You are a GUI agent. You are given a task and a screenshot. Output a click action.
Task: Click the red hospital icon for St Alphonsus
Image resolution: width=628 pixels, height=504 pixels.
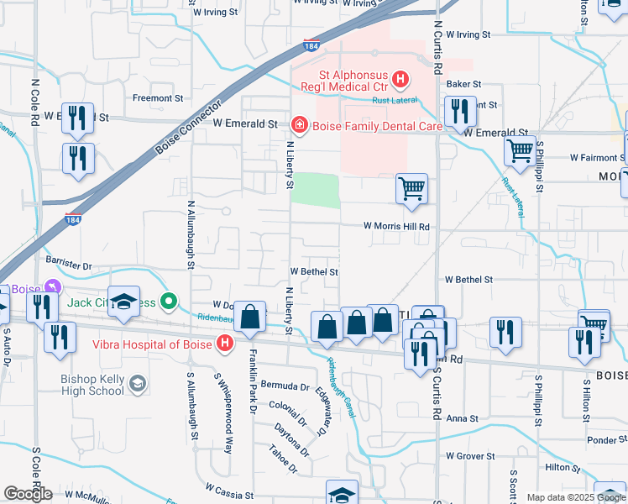click(400, 81)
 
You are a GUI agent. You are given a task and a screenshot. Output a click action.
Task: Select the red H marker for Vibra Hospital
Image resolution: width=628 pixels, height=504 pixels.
click(224, 343)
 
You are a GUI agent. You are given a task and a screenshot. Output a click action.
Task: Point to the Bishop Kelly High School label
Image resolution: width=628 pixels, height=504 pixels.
click(92, 384)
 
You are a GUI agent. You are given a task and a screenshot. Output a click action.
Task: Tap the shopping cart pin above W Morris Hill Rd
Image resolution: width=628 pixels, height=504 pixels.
click(411, 189)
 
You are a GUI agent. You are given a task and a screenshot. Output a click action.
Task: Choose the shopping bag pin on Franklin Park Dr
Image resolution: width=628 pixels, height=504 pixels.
click(250, 318)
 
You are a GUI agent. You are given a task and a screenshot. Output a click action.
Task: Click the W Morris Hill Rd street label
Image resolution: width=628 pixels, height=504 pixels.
click(396, 227)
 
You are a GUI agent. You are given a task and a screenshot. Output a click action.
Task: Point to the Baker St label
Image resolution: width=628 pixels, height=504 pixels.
click(463, 84)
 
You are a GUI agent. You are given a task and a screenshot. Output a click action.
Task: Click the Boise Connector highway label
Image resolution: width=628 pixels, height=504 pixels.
click(188, 129)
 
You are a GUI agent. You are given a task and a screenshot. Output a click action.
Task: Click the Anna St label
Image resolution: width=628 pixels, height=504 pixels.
click(462, 418)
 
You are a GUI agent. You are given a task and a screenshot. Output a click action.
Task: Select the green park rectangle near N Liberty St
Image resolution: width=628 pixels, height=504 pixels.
click(315, 191)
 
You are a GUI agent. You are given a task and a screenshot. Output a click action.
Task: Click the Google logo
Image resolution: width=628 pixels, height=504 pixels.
click(28, 494)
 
